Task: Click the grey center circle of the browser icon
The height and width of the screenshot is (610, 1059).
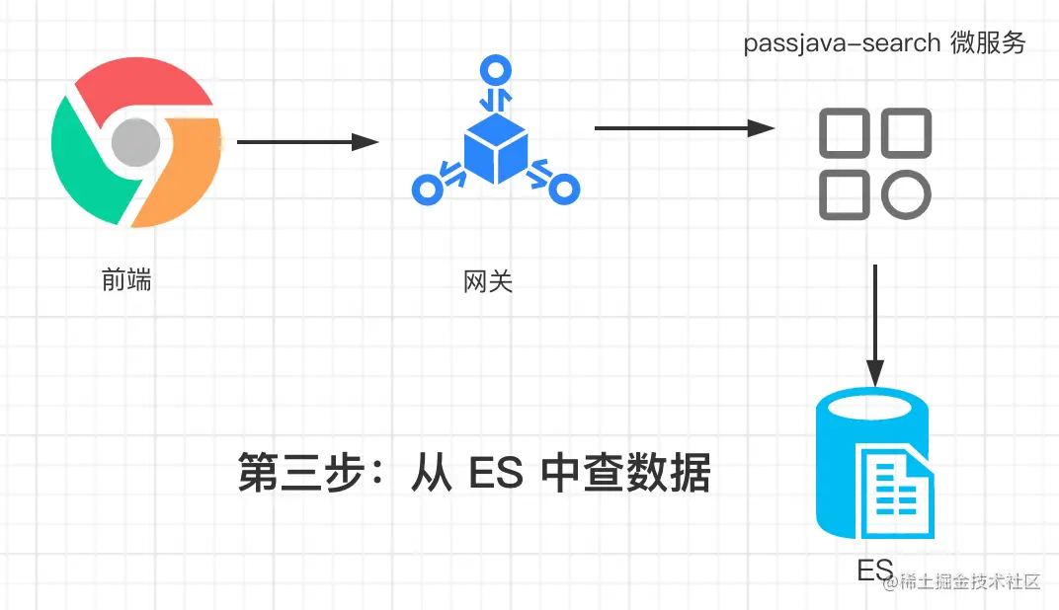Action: pyautogui.click(x=135, y=143)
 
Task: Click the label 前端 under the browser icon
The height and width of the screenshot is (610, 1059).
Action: pyautogui.click(x=126, y=279)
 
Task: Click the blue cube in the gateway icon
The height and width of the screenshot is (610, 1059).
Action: pyautogui.click(x=494, y=148)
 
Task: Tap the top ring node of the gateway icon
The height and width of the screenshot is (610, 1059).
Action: pyautogui.click(x=494, y=71)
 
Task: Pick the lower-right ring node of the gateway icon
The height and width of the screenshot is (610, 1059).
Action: pyautogui.click(x=563, y=188)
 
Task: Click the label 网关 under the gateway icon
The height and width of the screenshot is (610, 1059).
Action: pyautogui.click(x=488, y=282)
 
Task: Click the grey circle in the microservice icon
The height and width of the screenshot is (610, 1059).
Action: pyautogui.click(x=906, y=193)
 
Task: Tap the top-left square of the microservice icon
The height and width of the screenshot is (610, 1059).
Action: pyautogui.click(x=844, y=132)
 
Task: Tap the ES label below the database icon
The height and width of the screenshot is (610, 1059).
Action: pyautogui.click(x=875, y=571)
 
